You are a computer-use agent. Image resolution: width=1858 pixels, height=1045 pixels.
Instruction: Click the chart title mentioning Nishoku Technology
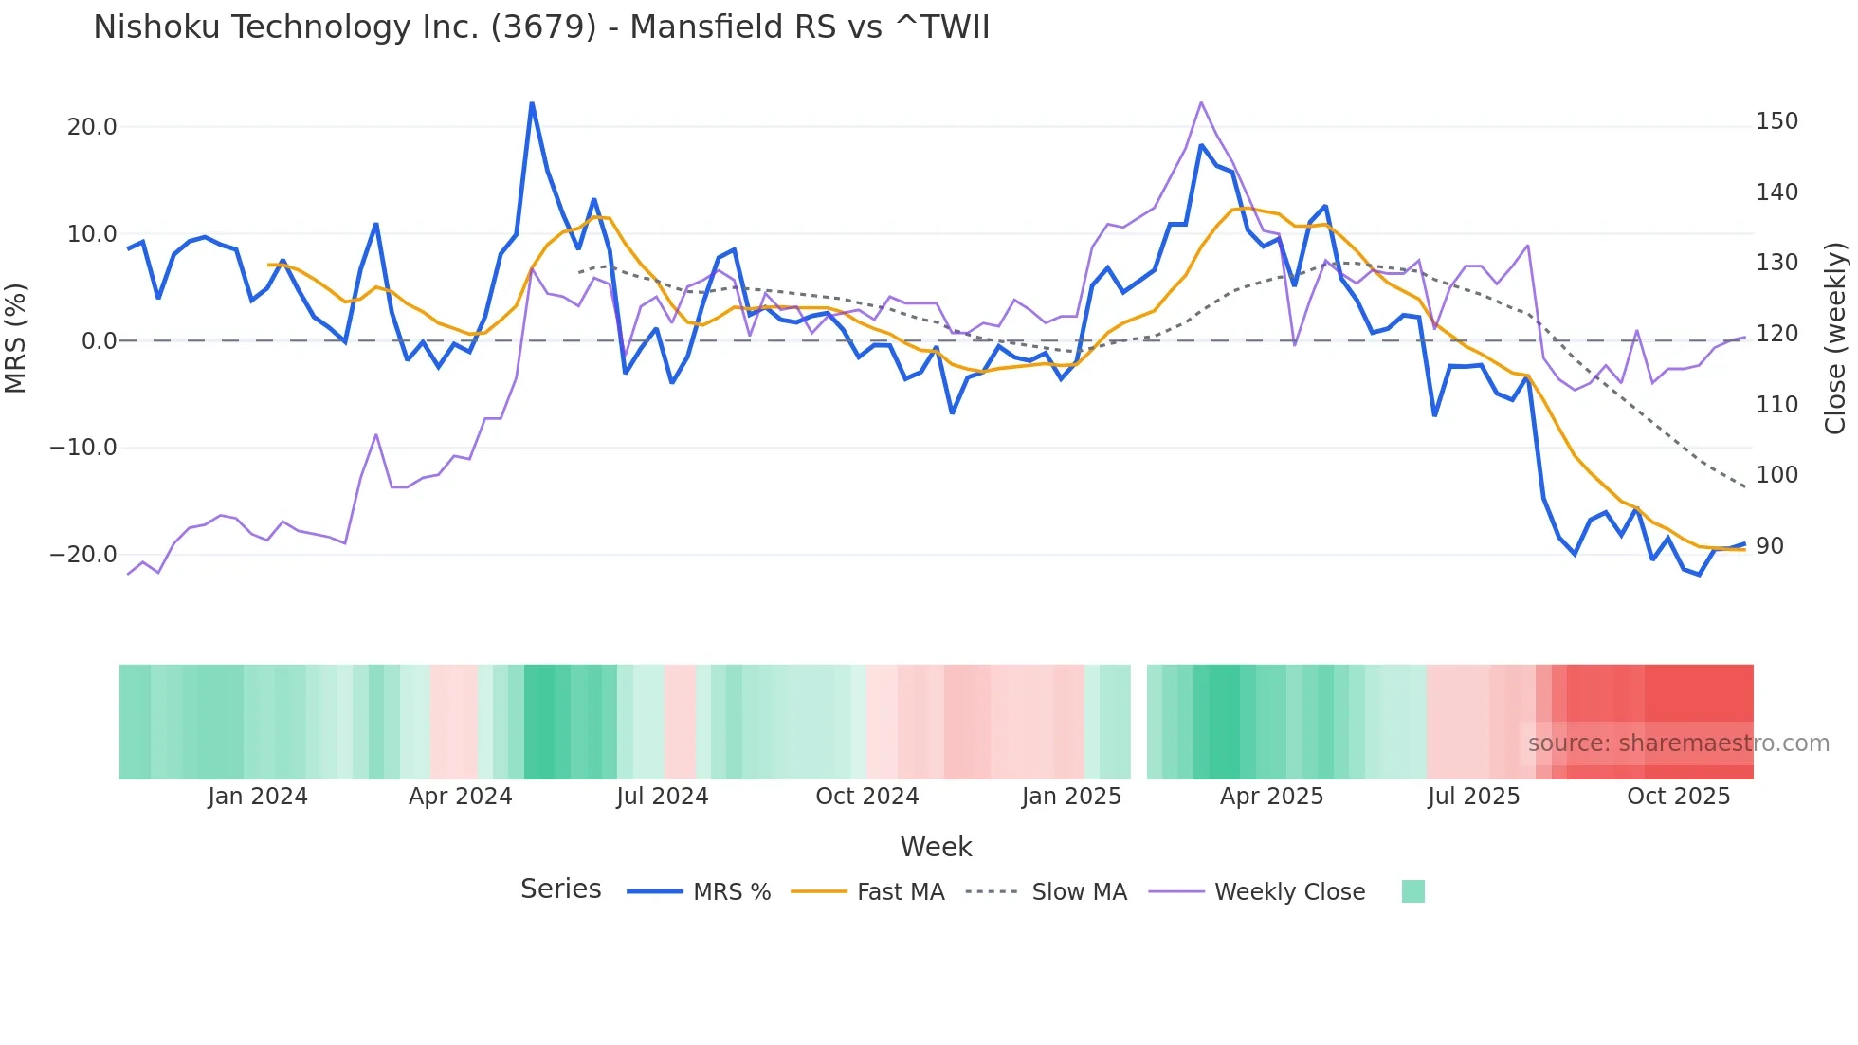(x=541, y=27)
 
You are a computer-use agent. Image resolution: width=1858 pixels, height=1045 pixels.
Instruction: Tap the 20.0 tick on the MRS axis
(x=91, y=127)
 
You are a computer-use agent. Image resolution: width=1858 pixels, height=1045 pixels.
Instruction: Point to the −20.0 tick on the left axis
(x=83, y=555)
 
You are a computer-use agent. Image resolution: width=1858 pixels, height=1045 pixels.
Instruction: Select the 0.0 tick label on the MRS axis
(x=99, y=341)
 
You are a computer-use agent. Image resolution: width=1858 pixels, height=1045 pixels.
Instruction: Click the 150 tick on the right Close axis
(x=1776, y=121)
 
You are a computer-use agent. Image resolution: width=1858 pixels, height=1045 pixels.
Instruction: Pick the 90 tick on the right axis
(x=1770, y=546)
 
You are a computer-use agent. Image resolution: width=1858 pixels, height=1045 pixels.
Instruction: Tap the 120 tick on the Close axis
(x=1776, y=334)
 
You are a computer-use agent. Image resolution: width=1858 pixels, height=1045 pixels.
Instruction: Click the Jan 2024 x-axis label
(x=258, y=797)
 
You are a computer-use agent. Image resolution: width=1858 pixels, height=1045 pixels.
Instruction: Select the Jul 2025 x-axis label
(x=1473, y=797)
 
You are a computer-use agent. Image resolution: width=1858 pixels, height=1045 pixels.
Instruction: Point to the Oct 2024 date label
(x=866, y=797)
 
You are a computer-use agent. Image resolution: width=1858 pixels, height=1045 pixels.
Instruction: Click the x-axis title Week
(x=936, y=847)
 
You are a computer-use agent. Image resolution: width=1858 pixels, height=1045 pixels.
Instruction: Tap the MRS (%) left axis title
(x=16, y=338)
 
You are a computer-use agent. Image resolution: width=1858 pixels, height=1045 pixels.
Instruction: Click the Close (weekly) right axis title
(x=1835, y=339)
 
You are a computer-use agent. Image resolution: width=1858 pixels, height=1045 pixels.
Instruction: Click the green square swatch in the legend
(x=1412, y=891)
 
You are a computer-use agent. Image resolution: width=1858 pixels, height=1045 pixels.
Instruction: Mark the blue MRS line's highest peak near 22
(x=532, y=103)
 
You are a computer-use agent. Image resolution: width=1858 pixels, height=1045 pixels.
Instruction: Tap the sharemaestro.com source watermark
(x=1678, y=743)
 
